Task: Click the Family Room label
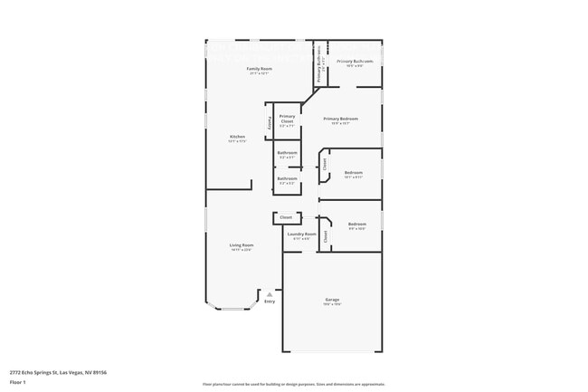click(x=260, y=68)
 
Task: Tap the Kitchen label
click(x=237, y=137)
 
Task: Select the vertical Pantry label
click(x=270, y=122)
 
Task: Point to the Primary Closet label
click(x=287, y=119)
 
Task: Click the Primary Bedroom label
click(x=341, y=119)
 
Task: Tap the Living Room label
click(x=241, y=245)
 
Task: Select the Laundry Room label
click(x=301, y=234)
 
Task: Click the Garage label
click(x=332, y=300)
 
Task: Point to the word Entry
click(x=270, y=301)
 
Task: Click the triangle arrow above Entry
click(x=270, y=294)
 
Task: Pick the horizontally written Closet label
click(x=286, y=217)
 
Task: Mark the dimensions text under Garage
click(x=332, y=305)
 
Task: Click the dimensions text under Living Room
click(x=241, y=250)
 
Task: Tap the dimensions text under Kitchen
click(x=237, y=141)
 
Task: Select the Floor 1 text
click(x=18, y=381)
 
